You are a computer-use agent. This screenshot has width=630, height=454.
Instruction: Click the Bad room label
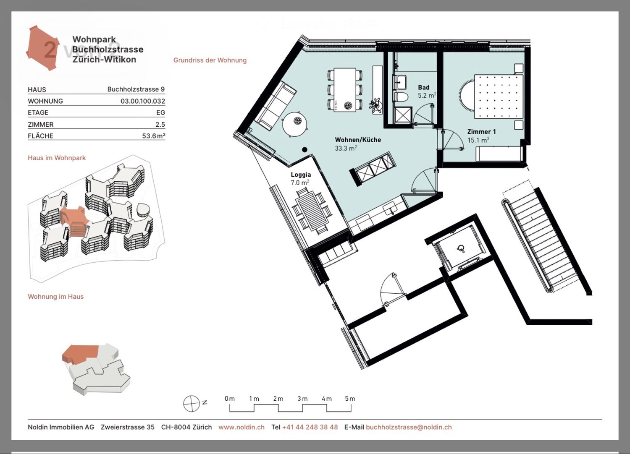pyautogui.click(x=423, y=87)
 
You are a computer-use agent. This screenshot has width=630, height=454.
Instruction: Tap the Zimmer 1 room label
pyautogui.click(x=481, y=132)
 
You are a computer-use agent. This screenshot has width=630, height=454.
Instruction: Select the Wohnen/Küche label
pyautogui.click(x=358, y=140)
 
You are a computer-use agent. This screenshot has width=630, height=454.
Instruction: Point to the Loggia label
pyautogui.click(x=301, y=175)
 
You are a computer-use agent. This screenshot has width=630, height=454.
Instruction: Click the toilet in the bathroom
pyautogui.click(x=402, y=97)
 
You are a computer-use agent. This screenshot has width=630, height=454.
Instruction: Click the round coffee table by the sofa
pyautogui.click(x=295, y=123)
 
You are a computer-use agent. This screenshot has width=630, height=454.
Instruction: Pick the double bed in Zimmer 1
pyautogui.click(x=499, y=96)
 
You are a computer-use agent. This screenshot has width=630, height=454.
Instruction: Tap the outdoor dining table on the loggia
pyautogui.click(x=312, y=210)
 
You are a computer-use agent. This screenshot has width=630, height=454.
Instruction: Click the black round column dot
pyautogui.click(x=304, y=149)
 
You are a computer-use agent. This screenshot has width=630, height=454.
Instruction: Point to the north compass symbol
pyautogui.click(x=192, y=404)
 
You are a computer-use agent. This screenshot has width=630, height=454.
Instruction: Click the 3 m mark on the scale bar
pyautogui.click(x=302, y=399)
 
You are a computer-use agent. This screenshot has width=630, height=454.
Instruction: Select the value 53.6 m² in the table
pyautogui.click(x=153, y=136)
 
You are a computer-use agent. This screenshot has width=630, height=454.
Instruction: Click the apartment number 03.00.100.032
pyautogui.click(x=143, y=101)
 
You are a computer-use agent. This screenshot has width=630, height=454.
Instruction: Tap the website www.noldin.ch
pyautogui.click(x=241, y=427)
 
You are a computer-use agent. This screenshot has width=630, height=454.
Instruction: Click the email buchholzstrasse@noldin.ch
pyautogui.click(x=409, y=427)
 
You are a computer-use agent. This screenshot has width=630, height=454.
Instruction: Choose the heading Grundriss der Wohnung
pyautogui.click(x=210, y=60)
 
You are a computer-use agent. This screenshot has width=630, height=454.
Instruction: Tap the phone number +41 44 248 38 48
pyautogui.click(x=310, y=427)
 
